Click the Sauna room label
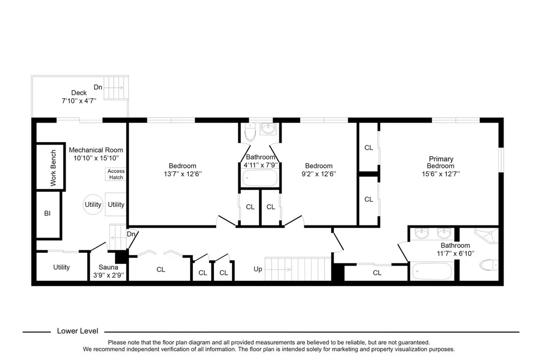[x=108, y=267]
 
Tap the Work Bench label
[x=53, y=168]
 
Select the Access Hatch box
[x=116, y=174]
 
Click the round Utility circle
[x=93, y=204]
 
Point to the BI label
[x=47, y=213]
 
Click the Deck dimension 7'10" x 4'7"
[x=79, y=101]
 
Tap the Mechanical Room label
[x=96, y=150]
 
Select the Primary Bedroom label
[x=441, y=163]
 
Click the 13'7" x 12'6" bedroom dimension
[x=182, y=174]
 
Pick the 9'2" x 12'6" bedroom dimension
[x=319, y=174]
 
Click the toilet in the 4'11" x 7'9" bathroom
[x=250, y=132]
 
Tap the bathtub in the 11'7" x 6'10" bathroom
[x=433, y=271]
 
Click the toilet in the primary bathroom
[x=489, y=265]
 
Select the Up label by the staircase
[x=258, y=269]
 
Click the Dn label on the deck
[x=98, y=87]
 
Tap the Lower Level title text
[x=78, y=331]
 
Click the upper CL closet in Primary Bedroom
[x=368, y=148]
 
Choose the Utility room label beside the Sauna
[x=61, y=267]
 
